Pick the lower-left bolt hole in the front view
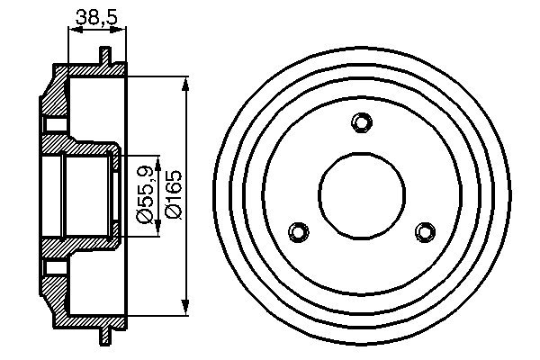pos(299,232)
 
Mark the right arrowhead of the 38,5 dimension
pos(122,30)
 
